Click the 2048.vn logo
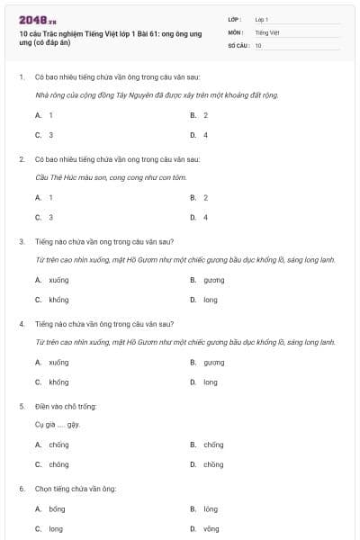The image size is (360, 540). (36, 20)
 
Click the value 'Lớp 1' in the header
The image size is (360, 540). (262, 18)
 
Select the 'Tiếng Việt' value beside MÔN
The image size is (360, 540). (266, 31)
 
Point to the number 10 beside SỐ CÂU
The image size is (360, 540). (258, 44)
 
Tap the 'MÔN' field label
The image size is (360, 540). (235, 31)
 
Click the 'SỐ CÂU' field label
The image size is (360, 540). (238, 44)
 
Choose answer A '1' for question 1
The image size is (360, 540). (50, 115)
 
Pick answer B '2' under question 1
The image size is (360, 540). (205, 115)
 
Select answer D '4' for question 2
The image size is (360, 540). (205, 217)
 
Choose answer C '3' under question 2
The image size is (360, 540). (50, 217)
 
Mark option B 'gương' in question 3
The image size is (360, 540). (213, 280)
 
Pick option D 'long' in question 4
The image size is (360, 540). (210, 382)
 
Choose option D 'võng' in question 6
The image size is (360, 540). (211, 528)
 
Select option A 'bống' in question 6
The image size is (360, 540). (57, 508)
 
